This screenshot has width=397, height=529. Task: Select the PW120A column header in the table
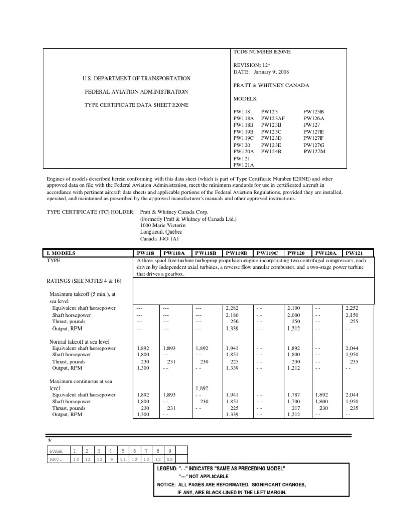tap(326, 253)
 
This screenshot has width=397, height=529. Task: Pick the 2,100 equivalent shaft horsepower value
tap(293, 308)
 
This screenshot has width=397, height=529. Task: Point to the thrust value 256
tap(236, 321)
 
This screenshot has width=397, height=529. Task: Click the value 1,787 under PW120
tap(293, 394)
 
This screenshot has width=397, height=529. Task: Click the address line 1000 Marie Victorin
tap(162, 225)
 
